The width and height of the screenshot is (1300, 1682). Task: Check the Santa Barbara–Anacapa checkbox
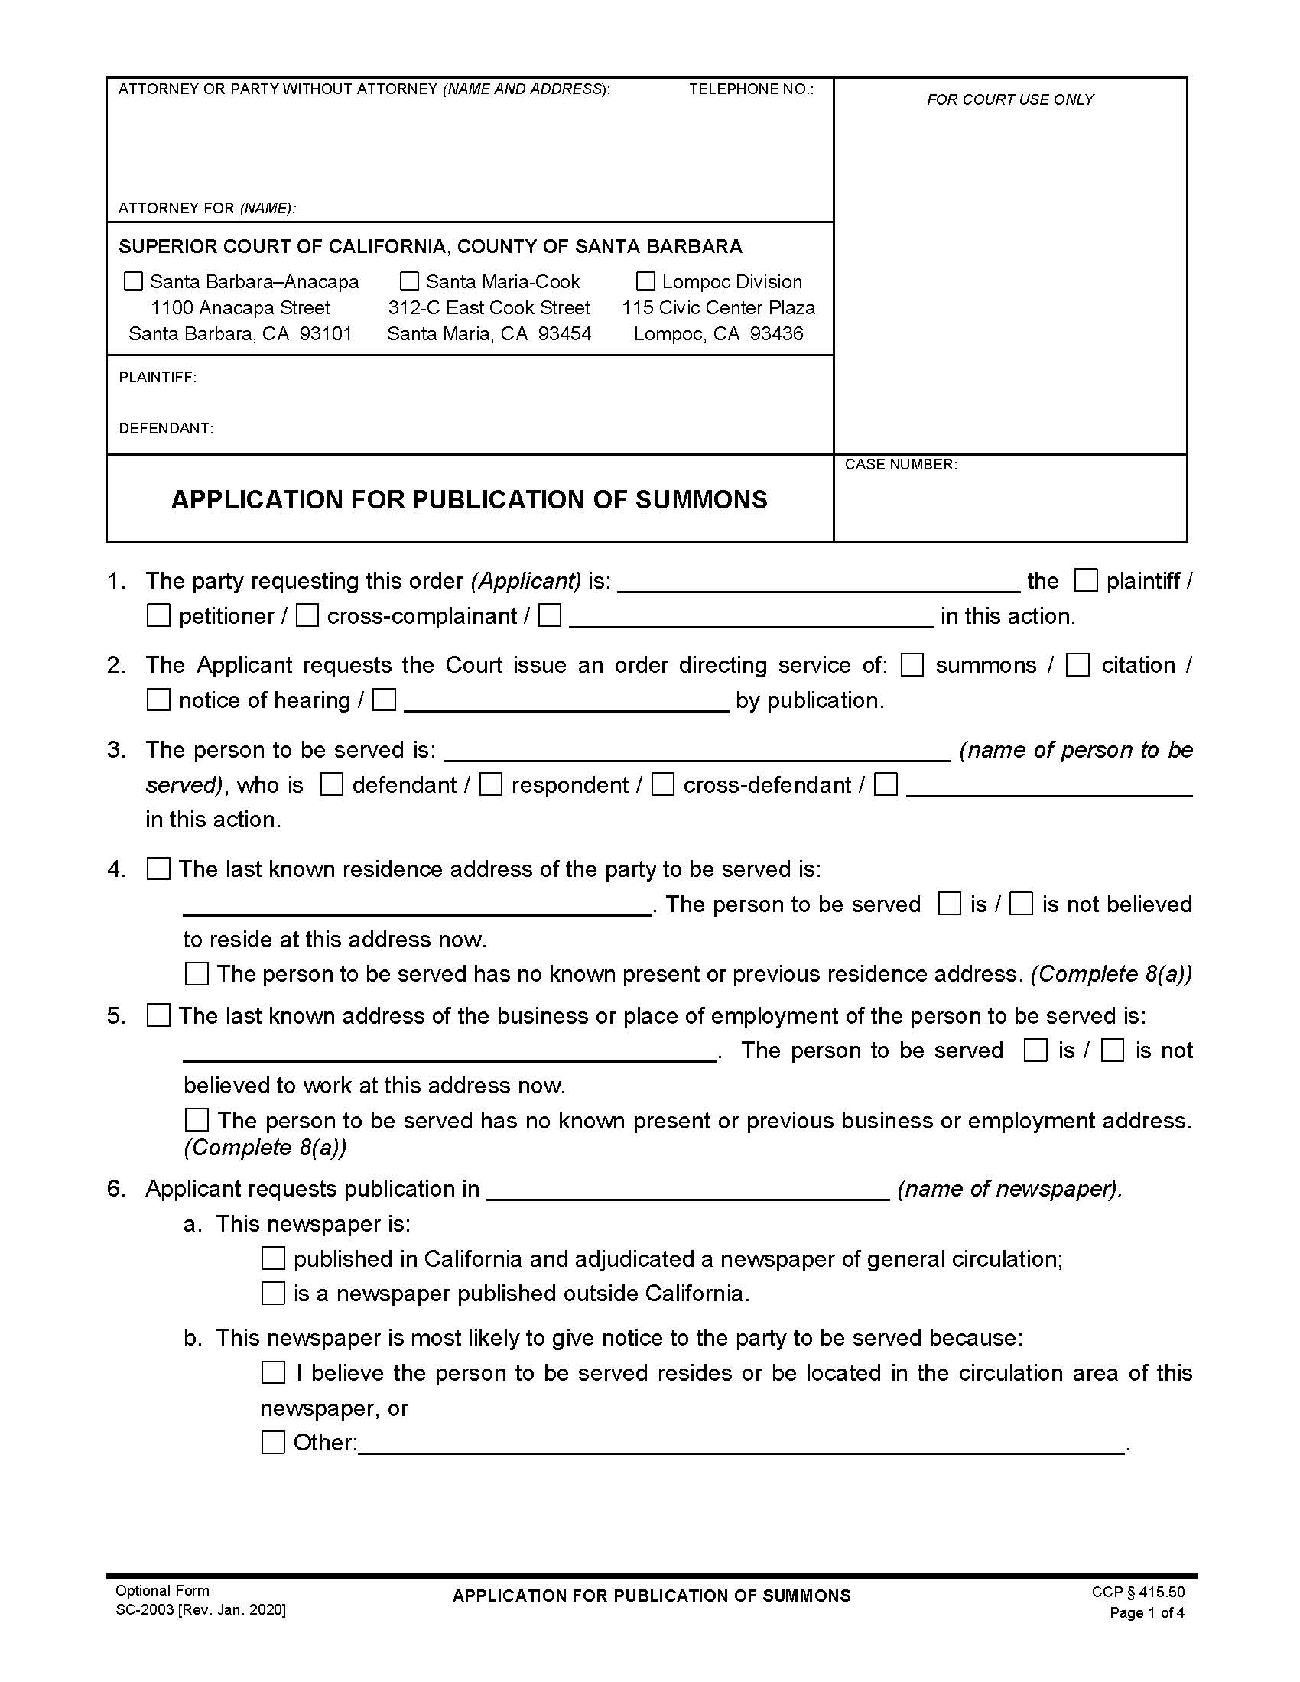tap(133, 281)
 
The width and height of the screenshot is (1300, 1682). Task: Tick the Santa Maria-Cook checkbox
tap(410, 281)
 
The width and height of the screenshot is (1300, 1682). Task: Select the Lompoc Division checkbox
tap(645, 281)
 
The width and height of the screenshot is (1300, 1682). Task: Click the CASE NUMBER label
tap(900, 464)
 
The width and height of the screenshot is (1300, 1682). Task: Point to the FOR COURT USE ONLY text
tap(1009, 99)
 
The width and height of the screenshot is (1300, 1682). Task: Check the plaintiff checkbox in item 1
tap(1086, 581)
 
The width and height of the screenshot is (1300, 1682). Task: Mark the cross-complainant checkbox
tap(307, 616)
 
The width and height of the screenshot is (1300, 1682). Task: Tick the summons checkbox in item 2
tap(912, 665)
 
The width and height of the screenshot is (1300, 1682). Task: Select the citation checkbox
tap(1077, 665)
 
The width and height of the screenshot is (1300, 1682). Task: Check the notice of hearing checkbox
tap(158, 700)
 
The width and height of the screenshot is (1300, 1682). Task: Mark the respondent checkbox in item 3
tap(491, 784)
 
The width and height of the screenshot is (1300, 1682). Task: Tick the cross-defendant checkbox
tap(662, 784)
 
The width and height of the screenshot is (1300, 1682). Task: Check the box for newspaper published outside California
tap(274, 1293)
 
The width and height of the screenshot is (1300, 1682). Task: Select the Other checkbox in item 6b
tap(274, 1443)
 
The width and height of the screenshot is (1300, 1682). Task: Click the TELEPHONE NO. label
tap(750, 89)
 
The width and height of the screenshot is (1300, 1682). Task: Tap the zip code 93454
tap(564, 334)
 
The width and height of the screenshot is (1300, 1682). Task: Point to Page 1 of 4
tap(1146, 1612)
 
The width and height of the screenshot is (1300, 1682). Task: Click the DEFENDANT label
tap(166, 428)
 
